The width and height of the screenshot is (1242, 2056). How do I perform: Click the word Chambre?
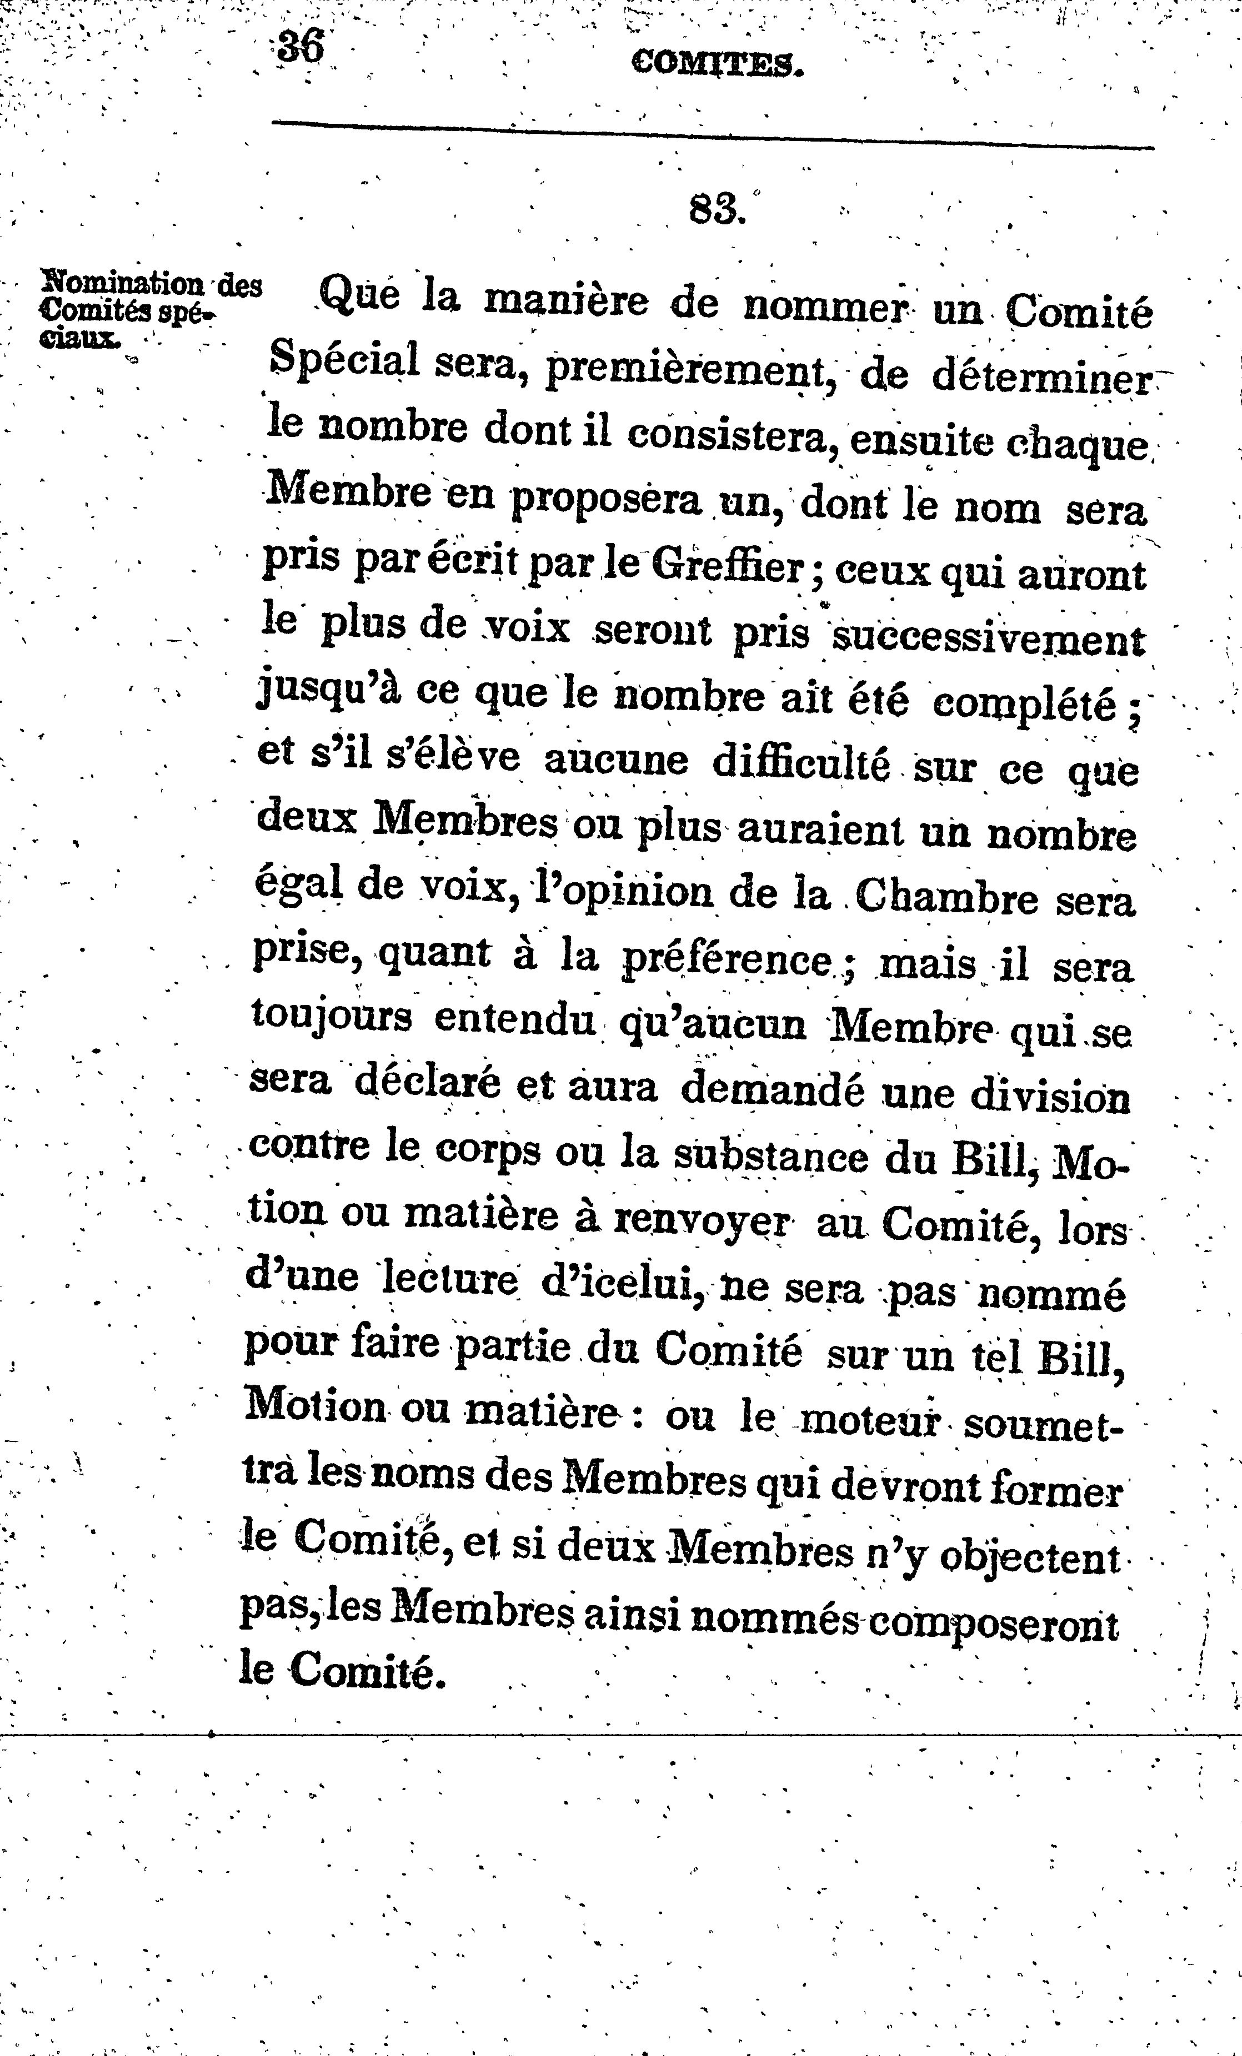point(946,899)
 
